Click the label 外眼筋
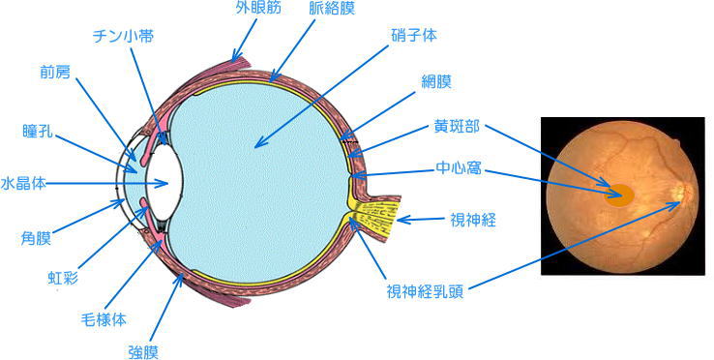pyautogui.click(x=258, y=8)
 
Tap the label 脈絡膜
pyautogui.click(x=332, y=9)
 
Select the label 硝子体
pyautogui.click(x=414, y=35)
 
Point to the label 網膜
pyautogui.click(x=435, y=82)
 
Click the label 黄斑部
pyautogui.click(x=457, y=127)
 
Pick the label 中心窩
pyautogui.click(x=458, y=169)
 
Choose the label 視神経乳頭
pyautogui.click(x=425, y=290)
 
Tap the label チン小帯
pyautogui.click(x=123, y=37)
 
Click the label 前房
pyautogui.click(x=55, y=72)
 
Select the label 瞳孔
pyautogui.click(x=38, y=131)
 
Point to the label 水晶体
pyautogui.click(x=23, y=184)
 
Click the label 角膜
pyautogui.click(x=36, y=238)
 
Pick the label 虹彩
pyautogui.click(x=63, y=277)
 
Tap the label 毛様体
pyautogui.click(x=104, y=320)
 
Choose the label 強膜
pyautogui.click(x=144, y=352)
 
